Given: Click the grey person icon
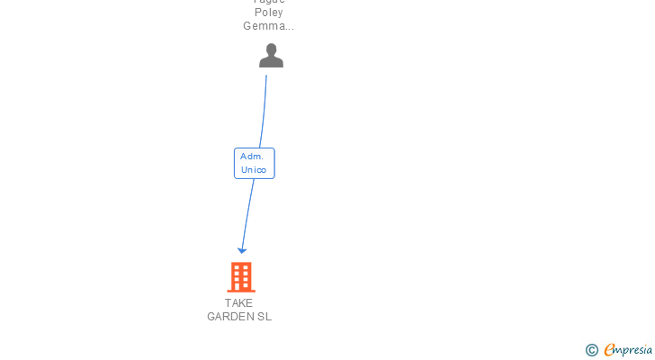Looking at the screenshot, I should [x=271, y=57].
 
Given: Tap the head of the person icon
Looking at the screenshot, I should [x=271, y=50].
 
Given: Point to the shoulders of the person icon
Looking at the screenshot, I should [x=271, y=62].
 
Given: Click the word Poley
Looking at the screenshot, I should [x=268, y=13].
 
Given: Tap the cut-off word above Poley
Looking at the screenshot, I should [x=268, y=2].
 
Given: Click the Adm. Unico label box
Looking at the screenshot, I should [x=254, y=163].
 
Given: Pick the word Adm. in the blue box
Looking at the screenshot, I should [x=251, y=157].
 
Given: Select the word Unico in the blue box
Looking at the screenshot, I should [x=254, y=170].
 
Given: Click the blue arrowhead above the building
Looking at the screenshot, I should [x=241, y=250].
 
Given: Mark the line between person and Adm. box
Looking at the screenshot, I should [x=264, y=112].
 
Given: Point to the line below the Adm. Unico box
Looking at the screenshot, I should [x=247, y=211].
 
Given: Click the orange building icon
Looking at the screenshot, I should [x=240, y=277].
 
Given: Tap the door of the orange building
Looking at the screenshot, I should [x=240, y=286].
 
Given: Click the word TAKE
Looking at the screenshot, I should [x=238, y=303].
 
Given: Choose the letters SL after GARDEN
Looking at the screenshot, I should [x=264, y=317].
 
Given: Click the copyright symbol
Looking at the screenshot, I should [x=591, y=350].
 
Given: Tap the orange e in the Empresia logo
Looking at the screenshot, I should [x=609, y=350].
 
